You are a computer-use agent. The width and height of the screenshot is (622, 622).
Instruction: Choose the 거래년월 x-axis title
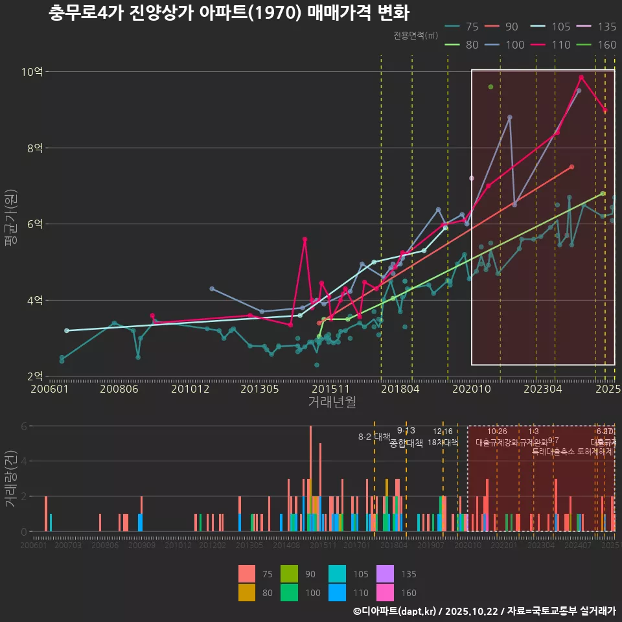click(x=332, y=402)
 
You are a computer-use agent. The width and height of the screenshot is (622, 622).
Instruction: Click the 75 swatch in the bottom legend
click(x=247, y=573)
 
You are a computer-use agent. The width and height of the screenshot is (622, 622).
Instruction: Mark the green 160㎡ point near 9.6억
click(x=490, y=87)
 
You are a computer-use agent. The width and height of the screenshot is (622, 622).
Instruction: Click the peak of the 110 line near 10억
click(x=581, y=78)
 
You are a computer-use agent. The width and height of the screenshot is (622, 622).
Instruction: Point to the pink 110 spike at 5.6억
click(x=305, y=240)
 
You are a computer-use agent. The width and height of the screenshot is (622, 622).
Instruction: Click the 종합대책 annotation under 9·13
click(x=406, y=443)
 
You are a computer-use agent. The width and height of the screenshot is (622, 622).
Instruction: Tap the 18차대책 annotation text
click(x=443, y=443)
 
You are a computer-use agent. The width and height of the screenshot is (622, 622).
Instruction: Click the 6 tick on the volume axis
click(x=24, y=426)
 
